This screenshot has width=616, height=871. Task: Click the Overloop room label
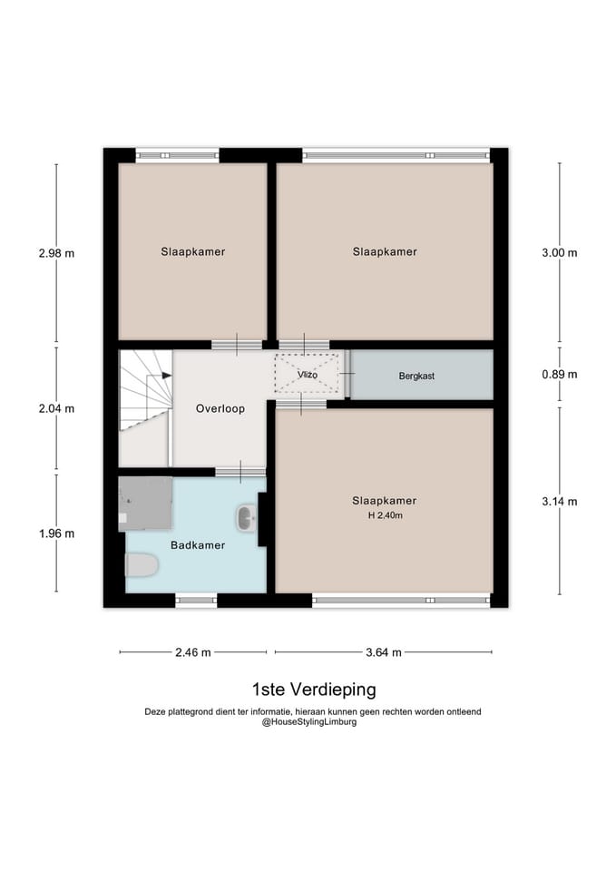coord(220,409)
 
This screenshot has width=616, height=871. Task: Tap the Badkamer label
coord(198,545)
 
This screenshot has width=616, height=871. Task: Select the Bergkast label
coord(416,376)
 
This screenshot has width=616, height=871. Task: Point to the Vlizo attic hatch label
coord(308,375)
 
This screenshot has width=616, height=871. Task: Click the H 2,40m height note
coord(385,515)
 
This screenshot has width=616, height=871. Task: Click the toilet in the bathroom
coord(142,565)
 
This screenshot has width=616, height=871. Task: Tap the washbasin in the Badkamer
coord(247,518)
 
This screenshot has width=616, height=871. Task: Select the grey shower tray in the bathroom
coord(145,504)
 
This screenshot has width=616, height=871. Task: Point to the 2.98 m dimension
coord(56,253)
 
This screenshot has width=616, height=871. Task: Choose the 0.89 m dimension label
coord(560,375)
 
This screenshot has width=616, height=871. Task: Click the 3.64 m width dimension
coord(383,652)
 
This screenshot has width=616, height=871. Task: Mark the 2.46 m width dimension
coord(192,652)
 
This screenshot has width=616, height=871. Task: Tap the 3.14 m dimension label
coord(560,502)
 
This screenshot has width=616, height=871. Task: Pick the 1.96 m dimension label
coord(56,533)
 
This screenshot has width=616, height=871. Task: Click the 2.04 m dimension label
coord(56,409)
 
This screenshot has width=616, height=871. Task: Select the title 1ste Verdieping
coord(314,690)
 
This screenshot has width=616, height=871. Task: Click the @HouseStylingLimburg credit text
coord(309,722)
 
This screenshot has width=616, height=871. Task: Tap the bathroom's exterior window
coord(196,600)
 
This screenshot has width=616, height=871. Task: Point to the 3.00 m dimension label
coord(560,253)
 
